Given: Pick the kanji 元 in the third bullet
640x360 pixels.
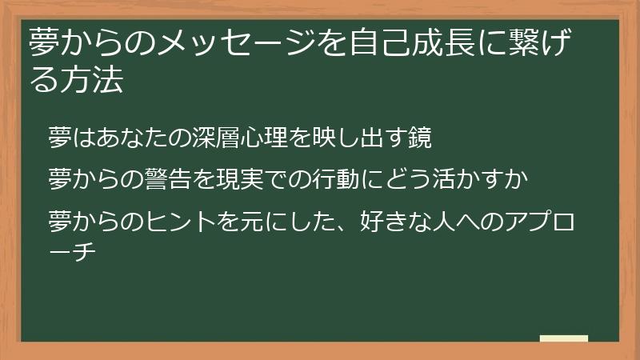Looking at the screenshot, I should tap(247, 217).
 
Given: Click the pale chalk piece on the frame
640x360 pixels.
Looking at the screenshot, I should tap(563, 338).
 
